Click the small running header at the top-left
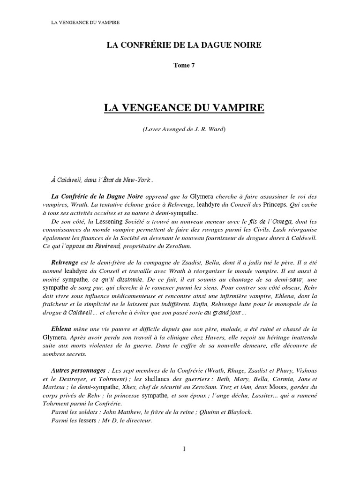click(x=85, y=23)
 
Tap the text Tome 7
click(x=184, y=65)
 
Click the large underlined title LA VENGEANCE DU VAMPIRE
click(x=184, y=108)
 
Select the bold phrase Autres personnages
click(x=78, y=369)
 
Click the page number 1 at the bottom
click(x=184, y=449)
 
